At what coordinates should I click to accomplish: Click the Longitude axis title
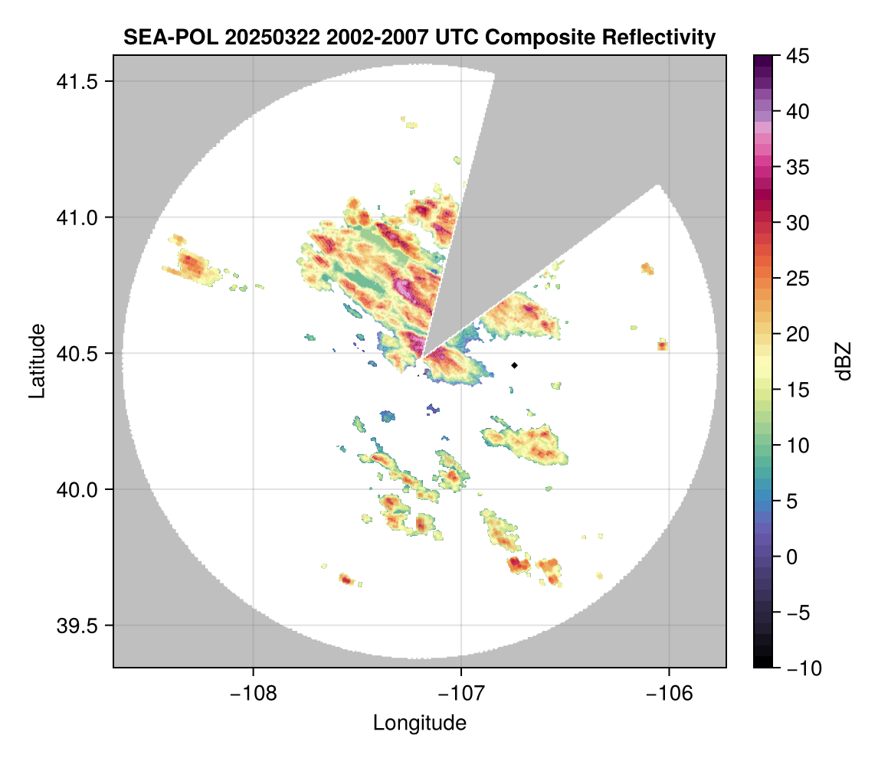(419, 722)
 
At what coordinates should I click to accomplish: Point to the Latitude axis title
(36, 361)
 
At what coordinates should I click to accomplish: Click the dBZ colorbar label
(844, 361)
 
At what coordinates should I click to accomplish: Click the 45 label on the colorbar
(798, 56)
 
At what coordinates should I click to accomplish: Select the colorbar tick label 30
(798, 223)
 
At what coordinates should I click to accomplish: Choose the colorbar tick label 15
(798, 390)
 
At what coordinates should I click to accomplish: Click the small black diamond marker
(515, 365)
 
